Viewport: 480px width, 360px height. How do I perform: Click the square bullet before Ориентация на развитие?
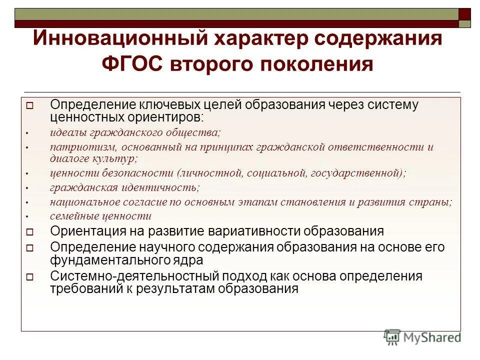pyautogui.click(x=29, y=232)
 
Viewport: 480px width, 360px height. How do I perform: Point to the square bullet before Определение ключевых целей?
pyautogui.click(x=29, y=106)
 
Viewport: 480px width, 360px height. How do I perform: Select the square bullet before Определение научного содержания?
pyautogui.click(x=29, y=248)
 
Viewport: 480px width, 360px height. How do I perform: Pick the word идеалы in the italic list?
pyautogui.click(x=69, y=133)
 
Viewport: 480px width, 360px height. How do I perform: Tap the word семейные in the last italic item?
pyautogui.click(x=72, y=216)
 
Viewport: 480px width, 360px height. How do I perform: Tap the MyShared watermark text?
pyautogui.click(x=432, y=337)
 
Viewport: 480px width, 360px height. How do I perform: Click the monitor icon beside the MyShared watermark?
pyautogui.click(x=392, y=337)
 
